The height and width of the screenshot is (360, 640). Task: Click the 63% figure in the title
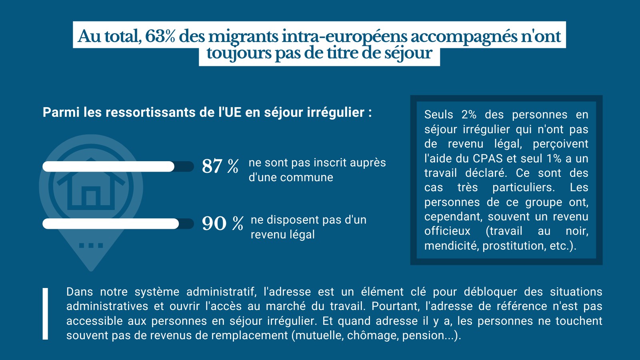(x=160, y=36)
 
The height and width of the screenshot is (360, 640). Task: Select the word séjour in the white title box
(x=408, y=53)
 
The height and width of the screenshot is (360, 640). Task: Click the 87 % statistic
(x=220, y=166)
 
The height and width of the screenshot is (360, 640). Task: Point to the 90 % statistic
(x=222, y=224)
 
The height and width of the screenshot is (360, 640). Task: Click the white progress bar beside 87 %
(x=108, y=166)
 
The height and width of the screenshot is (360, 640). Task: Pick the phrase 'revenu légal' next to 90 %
(x=282, y=235)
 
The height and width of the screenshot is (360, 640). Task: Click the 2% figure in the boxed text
(x=469, y=115)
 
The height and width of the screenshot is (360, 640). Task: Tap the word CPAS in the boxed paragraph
(x=487, y=159)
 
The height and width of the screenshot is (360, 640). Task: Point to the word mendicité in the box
(x=451, y=246)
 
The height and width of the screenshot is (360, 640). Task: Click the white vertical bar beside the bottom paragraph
(x=45, y=314)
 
